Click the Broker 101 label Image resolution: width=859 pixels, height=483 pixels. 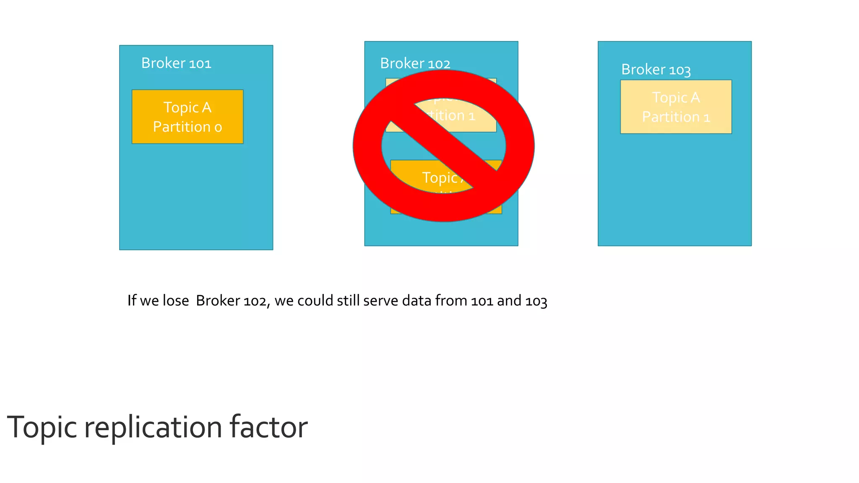[176, 63]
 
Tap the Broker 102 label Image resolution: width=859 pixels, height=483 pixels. [415, 64]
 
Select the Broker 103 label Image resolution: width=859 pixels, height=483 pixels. [656, 70]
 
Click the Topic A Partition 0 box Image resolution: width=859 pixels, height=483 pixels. [187, 117]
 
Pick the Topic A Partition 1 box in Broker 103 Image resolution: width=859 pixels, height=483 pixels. [676, 107]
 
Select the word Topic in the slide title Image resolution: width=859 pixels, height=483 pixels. [42, 428]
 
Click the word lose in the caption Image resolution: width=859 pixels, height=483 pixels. [176, 301]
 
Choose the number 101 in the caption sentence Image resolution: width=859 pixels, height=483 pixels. [482, 301]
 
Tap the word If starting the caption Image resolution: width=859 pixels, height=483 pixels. [132, 300]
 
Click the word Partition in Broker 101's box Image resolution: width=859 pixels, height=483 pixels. [182, 127]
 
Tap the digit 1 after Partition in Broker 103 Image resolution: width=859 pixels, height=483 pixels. [707, 117]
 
